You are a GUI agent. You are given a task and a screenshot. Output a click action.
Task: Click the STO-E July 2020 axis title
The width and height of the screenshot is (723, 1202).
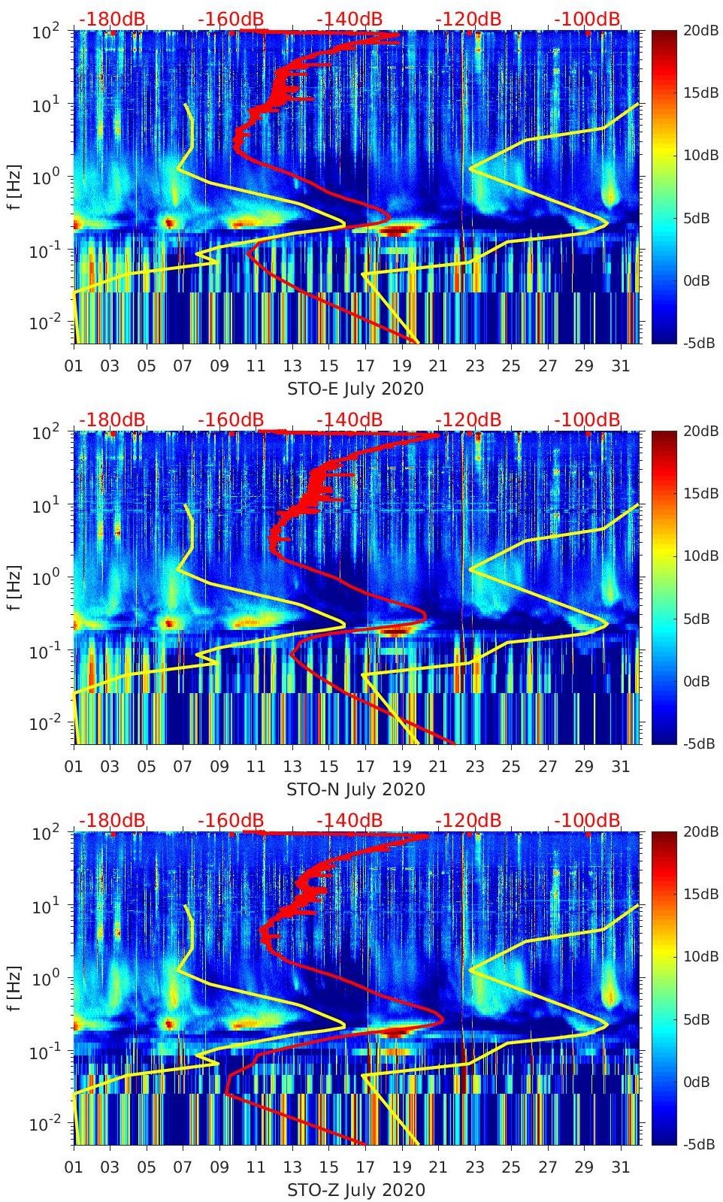click(355, 389)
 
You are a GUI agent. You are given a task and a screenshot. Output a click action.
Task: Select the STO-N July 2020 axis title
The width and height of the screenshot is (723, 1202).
click(355, 789)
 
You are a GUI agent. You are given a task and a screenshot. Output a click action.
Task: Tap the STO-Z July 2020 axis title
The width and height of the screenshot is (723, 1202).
click(355, 1190)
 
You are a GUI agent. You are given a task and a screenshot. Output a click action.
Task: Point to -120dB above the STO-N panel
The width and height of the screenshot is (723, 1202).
click(467, 419)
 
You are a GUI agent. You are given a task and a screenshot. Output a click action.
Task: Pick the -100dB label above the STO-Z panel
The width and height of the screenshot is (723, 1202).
click(587, 820)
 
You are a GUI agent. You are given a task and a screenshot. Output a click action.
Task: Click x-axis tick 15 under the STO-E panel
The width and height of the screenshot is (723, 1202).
click(328, 366)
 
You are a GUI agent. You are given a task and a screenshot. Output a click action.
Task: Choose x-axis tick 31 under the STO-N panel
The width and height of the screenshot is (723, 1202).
click(620, 767)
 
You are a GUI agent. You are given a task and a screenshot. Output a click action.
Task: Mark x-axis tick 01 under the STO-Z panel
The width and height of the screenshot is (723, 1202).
click(74, 1167)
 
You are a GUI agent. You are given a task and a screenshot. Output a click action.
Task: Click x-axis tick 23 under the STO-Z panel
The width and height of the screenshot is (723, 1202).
click(474, 1167)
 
